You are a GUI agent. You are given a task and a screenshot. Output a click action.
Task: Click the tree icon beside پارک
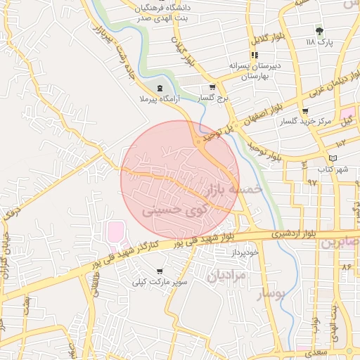320,31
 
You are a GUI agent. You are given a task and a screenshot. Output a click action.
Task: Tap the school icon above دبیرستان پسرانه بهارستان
255,55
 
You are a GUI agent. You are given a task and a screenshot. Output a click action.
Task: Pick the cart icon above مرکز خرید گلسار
304,111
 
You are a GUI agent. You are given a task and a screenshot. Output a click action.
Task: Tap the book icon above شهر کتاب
333,157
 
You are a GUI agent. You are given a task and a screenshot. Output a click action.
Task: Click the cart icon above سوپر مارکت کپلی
160,271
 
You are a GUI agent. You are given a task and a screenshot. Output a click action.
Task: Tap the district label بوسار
271,293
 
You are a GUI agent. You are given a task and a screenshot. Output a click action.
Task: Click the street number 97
311,181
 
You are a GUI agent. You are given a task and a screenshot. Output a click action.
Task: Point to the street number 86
346,268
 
